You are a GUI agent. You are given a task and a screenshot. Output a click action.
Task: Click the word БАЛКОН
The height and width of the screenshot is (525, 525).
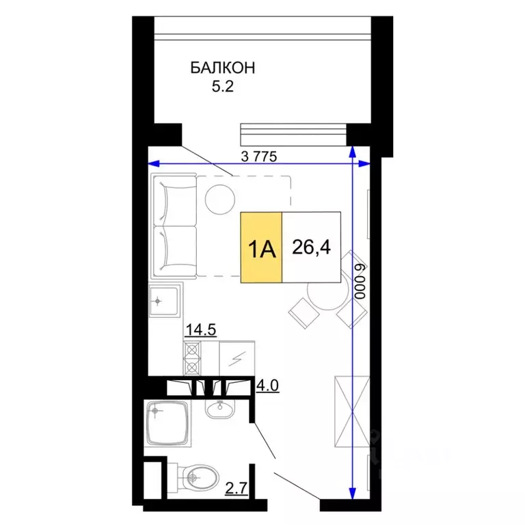point(222,68)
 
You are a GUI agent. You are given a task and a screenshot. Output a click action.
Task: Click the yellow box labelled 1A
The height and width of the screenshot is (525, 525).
point(261,247)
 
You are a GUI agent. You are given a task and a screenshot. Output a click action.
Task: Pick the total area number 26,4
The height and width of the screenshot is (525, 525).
point(311,247)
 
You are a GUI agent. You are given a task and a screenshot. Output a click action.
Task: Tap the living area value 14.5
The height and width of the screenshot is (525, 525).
point(200,329)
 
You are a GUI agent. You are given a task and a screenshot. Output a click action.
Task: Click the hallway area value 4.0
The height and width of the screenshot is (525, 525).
point(267,387)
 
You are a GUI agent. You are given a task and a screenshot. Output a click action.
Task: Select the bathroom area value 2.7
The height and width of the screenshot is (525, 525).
point(234,487)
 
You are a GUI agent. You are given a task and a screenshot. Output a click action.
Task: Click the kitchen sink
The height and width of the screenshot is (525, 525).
point(165,301)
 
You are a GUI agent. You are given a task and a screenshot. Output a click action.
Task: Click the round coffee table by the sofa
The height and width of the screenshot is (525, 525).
point(221,199)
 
